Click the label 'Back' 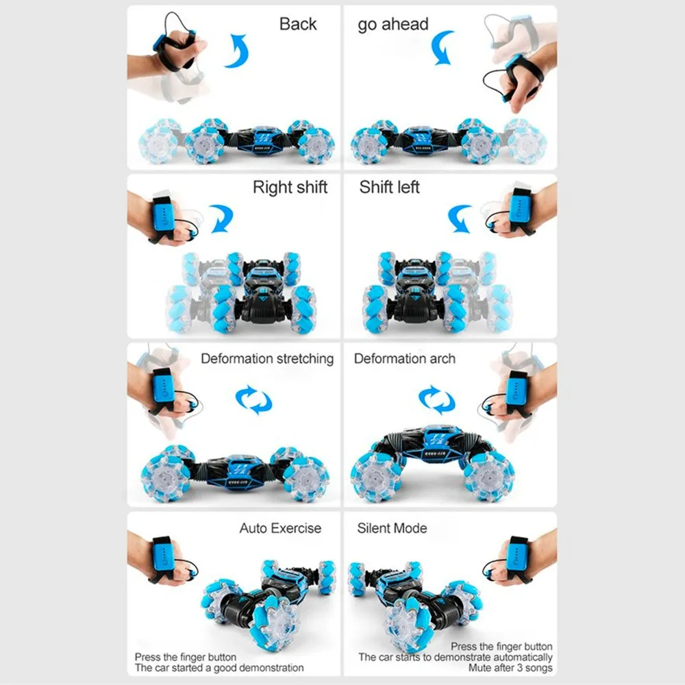point(298,24)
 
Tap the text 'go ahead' point(393,25)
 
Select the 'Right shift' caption point(290,187)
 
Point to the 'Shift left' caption point(389,187)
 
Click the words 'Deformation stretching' point(267,359)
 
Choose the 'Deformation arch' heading point(404,359)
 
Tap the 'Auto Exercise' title point(280,528)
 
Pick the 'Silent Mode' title point(392,528)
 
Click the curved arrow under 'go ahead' point(442,48)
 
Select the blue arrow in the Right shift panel point(221,219)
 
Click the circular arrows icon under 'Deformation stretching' point(253,399)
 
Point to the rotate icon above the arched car point(436,399)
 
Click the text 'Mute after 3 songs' point(510,667)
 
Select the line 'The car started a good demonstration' point(219,667)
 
